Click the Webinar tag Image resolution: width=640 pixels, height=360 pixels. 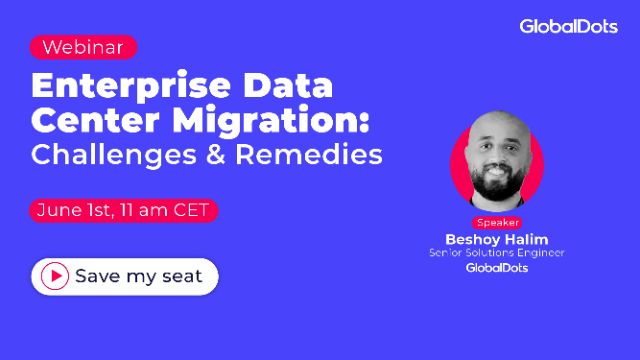[83, 47]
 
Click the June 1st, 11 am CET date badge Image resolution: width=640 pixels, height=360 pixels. [122, 211]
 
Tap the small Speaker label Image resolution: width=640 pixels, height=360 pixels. [496, 223]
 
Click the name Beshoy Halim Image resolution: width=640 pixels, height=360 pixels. [496, 239]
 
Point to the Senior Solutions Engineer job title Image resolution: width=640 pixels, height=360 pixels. [496, 253]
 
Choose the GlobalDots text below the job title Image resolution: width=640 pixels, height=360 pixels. [496, 268]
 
